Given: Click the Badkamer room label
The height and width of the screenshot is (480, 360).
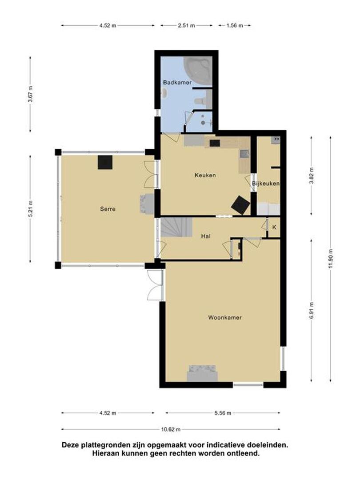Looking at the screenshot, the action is point(177,82).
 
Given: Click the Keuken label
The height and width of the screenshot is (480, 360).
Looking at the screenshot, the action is point(205,175).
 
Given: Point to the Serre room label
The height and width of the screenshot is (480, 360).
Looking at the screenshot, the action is point(108,209).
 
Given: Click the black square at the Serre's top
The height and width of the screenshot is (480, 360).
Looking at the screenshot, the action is point(105,162).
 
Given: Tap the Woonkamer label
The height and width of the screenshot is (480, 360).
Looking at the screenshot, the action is point(225,317).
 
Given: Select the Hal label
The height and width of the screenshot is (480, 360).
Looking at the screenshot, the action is point(206,236).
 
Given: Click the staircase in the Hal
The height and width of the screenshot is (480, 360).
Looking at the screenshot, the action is point(176,227).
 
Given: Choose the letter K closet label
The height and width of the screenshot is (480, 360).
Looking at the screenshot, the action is point(274,227).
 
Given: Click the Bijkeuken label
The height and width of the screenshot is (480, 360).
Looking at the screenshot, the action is point(266,184).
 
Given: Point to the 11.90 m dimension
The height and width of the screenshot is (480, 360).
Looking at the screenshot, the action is point(330,259).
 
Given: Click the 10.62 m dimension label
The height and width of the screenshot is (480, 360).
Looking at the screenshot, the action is point(171,429).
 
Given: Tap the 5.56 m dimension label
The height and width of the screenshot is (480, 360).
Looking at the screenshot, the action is point(223,413).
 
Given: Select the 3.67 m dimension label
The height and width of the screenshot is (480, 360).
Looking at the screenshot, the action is point(30,95).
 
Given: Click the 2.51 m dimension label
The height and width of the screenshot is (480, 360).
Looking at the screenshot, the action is point(186,25).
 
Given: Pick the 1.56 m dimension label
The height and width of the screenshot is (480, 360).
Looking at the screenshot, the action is point(235,25).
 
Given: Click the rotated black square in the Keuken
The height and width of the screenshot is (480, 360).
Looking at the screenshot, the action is point(240,205).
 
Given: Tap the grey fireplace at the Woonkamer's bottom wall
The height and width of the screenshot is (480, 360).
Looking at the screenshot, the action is point(202,373).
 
